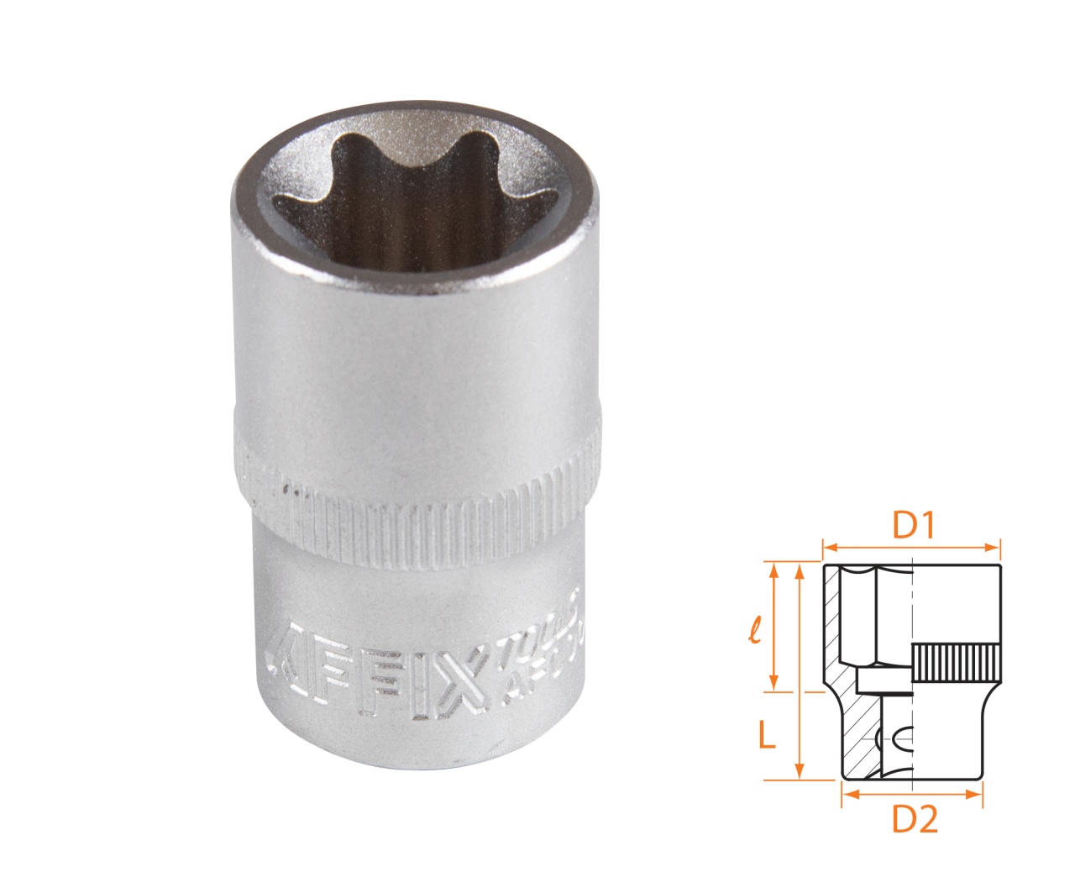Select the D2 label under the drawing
tap(914, 820)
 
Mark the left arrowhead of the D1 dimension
tap(827, 549)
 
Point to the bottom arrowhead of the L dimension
tap(800, 773)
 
